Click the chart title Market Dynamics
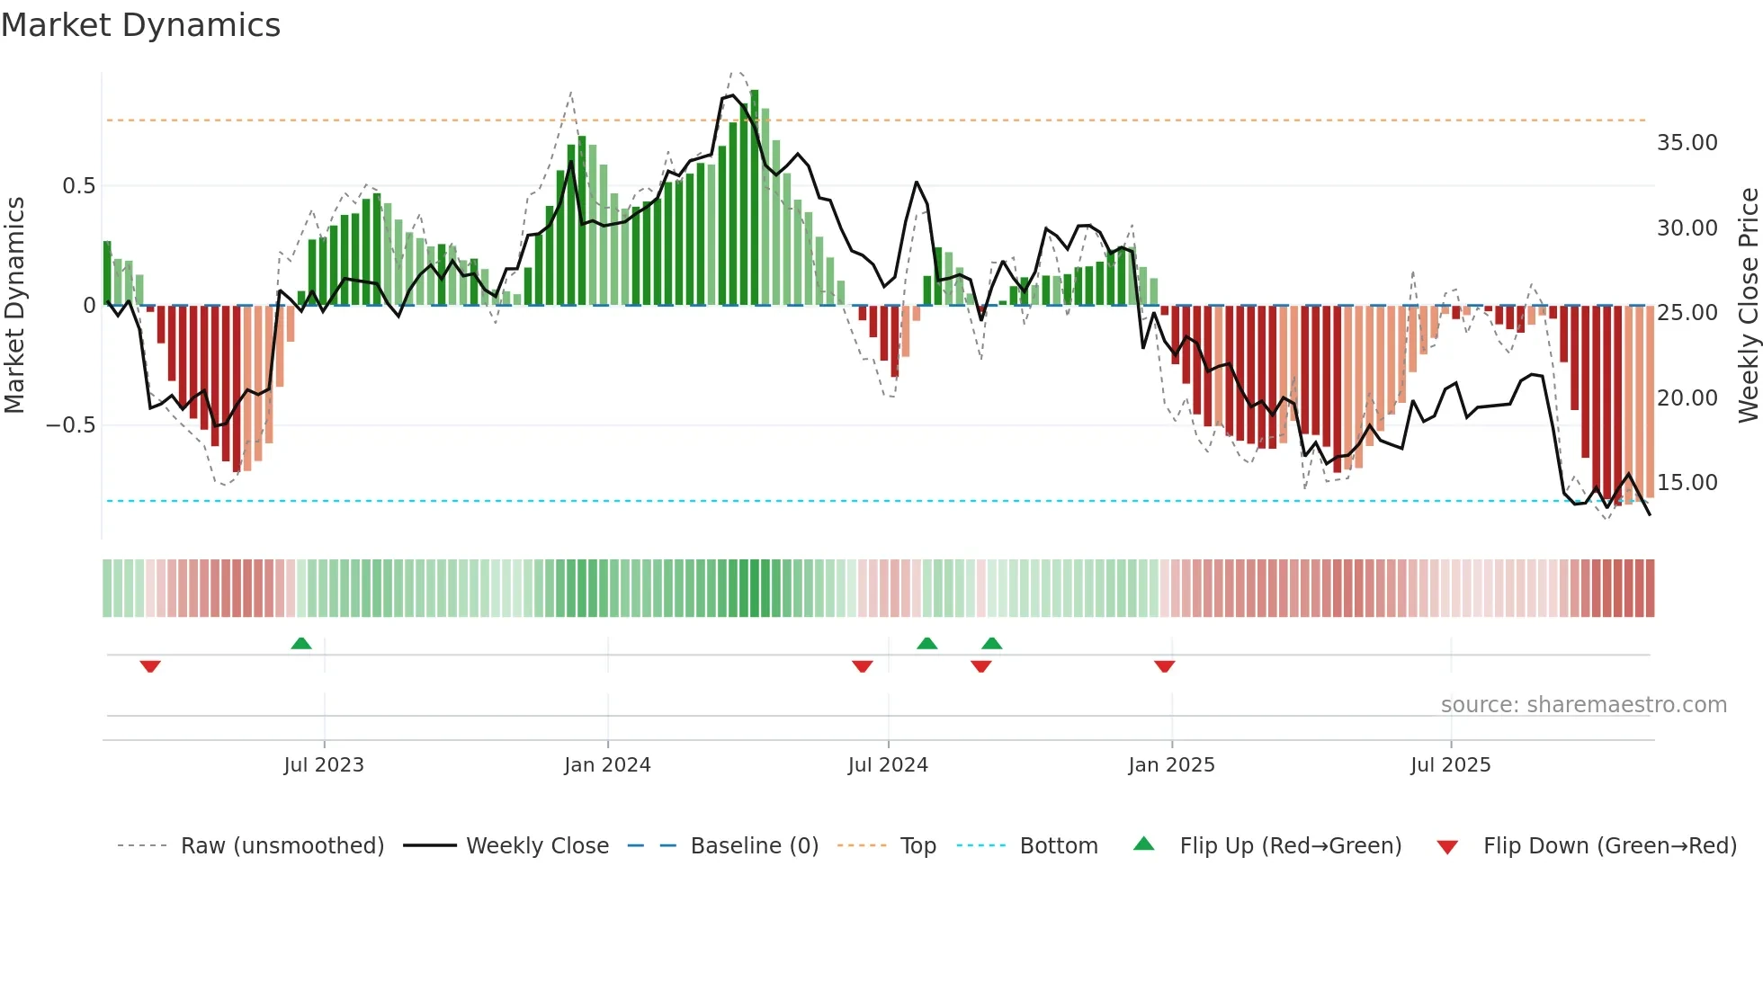click(x=140, y=25)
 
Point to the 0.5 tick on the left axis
click(x=78, y=186)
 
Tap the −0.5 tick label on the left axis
click(x=70, y=425)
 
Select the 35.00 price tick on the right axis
click(x=1687, y=143)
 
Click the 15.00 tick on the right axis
click(x=1687, y=483)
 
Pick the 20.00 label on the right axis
click(x=1687, y=398)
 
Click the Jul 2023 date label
click(x=324, y=765)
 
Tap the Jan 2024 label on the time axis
click(x=607, y=765)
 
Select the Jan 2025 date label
click(x=1171, y=765)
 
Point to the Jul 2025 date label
click(x=1450, y=765)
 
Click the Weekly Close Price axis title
click(x=1748, y=305)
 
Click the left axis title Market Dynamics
click(x=14, y=305)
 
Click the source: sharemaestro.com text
click(x=1583, y=705)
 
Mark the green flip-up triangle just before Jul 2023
click(x=301, y=644)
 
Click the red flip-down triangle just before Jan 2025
click(x=1164, y=666)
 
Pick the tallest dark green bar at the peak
click(x=755, y=198)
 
